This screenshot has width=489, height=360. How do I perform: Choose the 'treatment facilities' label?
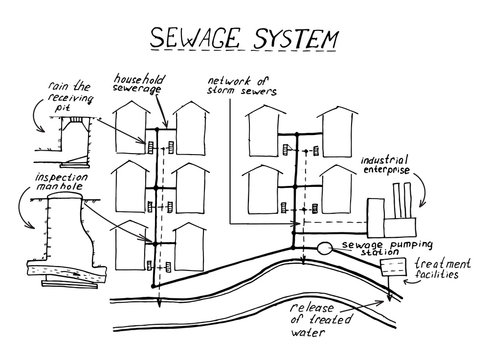446,266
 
